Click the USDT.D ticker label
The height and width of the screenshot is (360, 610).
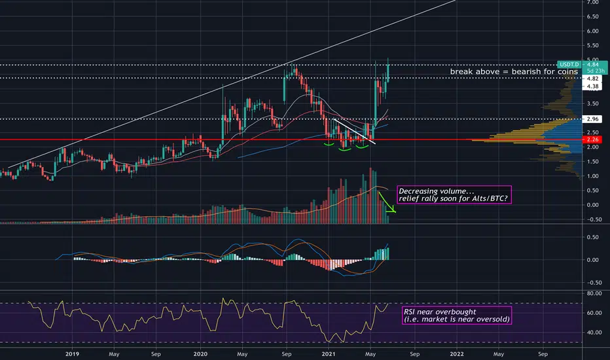coord(569,64)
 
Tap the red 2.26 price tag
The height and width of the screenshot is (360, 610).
coord(592,139)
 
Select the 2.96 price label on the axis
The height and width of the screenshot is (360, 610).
coord(592,119)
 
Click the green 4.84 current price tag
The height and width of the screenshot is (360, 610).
coord(593,64)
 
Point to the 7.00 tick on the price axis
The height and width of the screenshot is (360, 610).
coord(592,3)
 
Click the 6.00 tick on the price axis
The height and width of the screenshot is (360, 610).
coord(592,31)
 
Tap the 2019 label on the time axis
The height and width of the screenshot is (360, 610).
coord(72,353)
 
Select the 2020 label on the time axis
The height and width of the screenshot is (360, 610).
coord(201,353)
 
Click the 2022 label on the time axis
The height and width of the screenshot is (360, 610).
coord(457,353)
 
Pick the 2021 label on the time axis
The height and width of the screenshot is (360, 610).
coord(329,353)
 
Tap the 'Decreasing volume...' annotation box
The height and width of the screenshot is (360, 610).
coord(454,195)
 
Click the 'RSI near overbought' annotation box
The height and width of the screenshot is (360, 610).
coord(457,315)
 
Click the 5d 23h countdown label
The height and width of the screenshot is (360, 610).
coord(596,71)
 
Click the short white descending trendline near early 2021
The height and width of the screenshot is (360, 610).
coord(354,132)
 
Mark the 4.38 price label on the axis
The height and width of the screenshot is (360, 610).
coord(592,86)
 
